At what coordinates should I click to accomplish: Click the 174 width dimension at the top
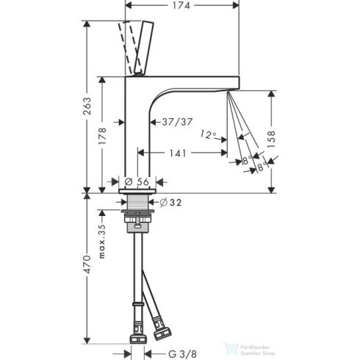click(183, 7)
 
